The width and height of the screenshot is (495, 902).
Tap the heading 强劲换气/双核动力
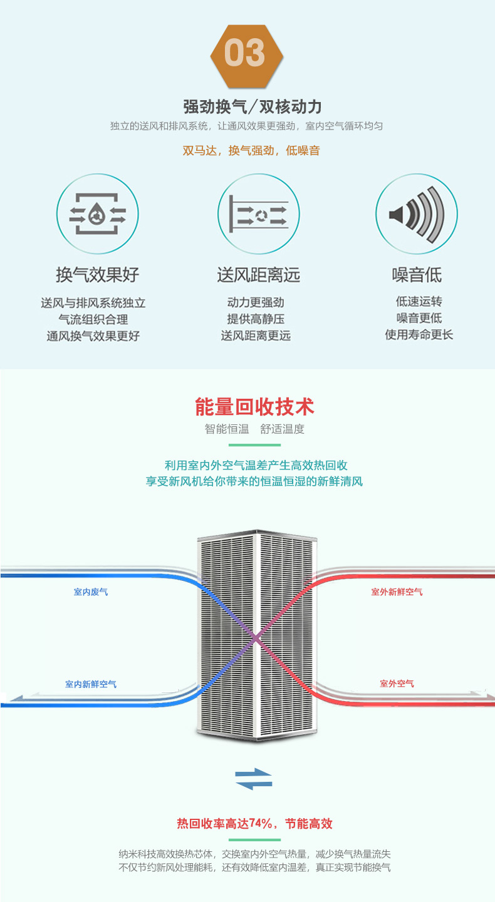pos(253,106)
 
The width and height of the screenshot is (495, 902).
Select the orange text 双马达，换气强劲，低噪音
pos(251,150)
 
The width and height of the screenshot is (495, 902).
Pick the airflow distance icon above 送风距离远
pos(258,214)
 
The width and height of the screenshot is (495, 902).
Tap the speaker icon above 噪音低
pos(416,214)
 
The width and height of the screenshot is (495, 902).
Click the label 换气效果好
pos(97,274)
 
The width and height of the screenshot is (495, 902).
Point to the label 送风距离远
pos(258,274)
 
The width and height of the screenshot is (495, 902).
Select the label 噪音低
pos(417,274)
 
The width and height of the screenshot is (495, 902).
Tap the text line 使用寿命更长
pos(419,335)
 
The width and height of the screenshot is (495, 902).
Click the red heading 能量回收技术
pos(254,407)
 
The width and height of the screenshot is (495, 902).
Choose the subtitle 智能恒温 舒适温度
pos(254,429)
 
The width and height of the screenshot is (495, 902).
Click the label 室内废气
pos(91,592)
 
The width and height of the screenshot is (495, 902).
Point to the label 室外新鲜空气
pos(397,592)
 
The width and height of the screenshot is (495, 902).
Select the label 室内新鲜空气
pos(91,684)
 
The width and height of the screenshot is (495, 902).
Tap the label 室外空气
pos(397,684)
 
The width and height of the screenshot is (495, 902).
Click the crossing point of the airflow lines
pos(256,638)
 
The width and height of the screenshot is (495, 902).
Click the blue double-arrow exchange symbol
pos(254,780)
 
